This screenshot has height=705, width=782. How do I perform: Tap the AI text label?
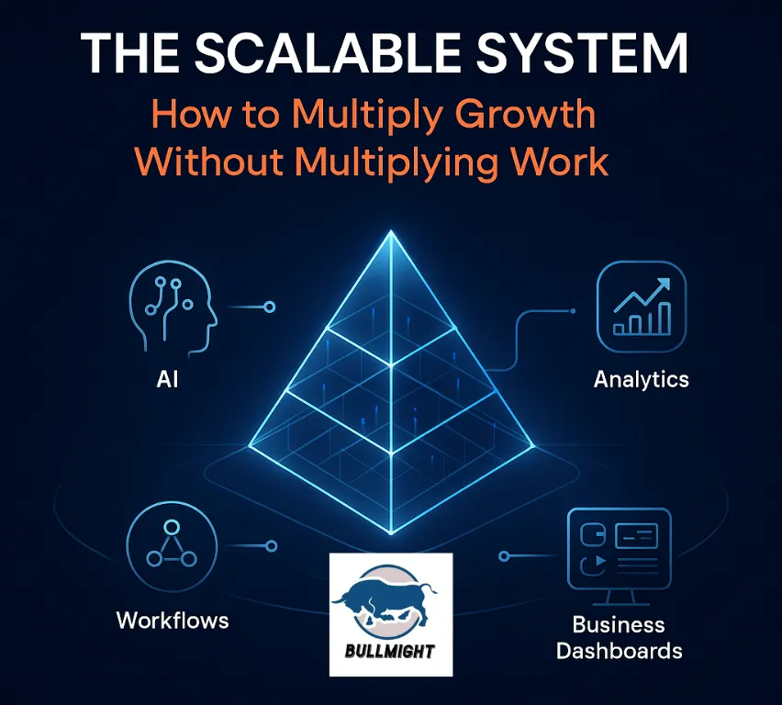[168, 377]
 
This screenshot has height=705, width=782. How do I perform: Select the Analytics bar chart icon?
[642, 306]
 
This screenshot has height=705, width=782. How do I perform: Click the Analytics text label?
[642, 379]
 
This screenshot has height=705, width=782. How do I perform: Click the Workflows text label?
[173, 621]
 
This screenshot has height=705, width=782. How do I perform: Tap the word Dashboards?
[620, 651]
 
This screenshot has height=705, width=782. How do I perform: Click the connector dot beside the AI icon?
[270, 307]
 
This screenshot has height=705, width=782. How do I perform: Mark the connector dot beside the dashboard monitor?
[504, 556]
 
